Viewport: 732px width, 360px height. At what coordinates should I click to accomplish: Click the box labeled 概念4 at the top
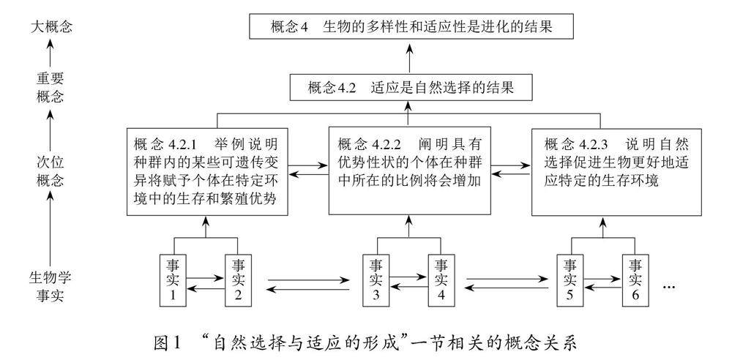pyautogui.click(x=410, y=28)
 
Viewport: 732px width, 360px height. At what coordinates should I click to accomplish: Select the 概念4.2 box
pyautogui.click(x=410, y=88)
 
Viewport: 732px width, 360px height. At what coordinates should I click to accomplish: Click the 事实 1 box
pyautogui.click(x=173, y=280)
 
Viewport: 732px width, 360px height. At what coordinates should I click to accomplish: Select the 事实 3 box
pyautogui.click(x=376, y=280)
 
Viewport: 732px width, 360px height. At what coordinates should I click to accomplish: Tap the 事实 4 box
pyautogui.click(x=441, y=280)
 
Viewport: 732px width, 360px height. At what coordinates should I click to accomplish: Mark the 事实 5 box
pyautogui.click(x=569, y=280)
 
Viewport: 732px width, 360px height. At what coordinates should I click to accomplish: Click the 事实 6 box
pyautogui.click(x=635, y=280)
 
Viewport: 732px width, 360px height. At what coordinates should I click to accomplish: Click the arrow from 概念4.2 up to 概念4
pyautogui.click(x=410, y=57)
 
